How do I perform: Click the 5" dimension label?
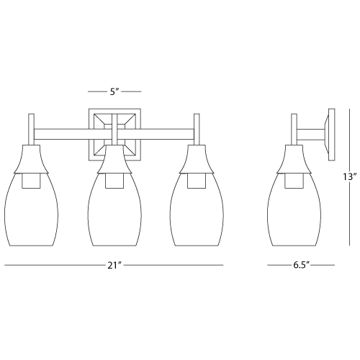114,91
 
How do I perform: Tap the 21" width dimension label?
114,266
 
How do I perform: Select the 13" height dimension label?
348,177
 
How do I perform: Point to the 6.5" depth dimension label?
300,266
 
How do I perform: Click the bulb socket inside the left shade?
32,181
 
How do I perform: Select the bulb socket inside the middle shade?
114,181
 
